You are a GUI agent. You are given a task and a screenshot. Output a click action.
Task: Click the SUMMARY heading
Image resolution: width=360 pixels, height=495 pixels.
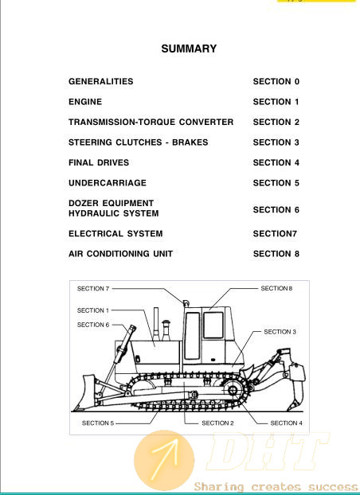click(x=189, y=49)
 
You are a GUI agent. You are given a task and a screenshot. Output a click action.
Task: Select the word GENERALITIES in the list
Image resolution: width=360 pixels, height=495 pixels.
click(x=101, y=81)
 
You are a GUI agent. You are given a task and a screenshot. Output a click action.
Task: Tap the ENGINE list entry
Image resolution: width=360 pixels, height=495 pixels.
click(x=85, y=102)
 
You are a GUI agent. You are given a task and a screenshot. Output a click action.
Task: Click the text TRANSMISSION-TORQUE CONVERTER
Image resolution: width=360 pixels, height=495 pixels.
click(x=151, y=122)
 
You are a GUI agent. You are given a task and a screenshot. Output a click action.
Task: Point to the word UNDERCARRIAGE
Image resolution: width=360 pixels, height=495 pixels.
click(x=108, y=183)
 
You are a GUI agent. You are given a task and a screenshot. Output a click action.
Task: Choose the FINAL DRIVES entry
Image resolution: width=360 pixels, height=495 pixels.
click(x=99, y=162)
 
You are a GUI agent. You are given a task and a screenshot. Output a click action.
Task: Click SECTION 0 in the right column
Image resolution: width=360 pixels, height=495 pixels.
click(x=276, y=81)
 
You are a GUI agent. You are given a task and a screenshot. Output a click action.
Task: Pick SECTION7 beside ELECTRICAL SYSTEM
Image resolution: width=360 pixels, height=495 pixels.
click(x=275, y=234)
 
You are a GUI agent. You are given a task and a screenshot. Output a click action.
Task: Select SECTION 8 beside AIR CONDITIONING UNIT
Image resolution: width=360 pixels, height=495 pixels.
click(x=276, y=254)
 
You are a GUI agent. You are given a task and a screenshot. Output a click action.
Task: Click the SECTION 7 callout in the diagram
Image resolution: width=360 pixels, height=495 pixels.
click(x=93, y=289)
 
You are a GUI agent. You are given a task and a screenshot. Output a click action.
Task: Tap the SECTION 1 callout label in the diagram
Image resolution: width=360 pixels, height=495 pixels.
click(x=93, y=310)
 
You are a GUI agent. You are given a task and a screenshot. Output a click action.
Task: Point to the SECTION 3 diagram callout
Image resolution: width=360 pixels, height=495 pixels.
click(x=280, y=332)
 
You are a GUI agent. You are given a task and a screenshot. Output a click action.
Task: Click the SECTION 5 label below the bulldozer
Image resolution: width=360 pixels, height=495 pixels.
click(x=98, y=423)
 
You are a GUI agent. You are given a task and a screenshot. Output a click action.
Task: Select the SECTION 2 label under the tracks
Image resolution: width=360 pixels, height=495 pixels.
click(x=217, y=423)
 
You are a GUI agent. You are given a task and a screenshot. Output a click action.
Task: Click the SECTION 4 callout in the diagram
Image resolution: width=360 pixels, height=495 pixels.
click(x=287, y=423)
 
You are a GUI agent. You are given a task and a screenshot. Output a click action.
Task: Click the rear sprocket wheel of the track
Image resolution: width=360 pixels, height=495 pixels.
click(x=234, y=390)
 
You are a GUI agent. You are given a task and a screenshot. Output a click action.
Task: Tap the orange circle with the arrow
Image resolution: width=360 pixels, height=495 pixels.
click(x=164, y=460)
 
